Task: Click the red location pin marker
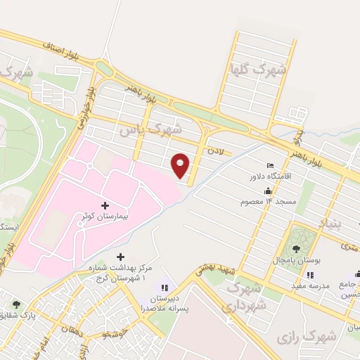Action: [181, 165]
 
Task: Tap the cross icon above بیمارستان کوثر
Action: [105, 206]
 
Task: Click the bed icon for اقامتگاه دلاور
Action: [271, 165]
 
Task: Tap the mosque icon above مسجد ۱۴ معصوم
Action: [267, 191]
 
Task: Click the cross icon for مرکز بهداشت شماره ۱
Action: [121, 257]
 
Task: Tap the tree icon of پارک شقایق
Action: [16, 304]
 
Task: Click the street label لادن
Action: [215, 150]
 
